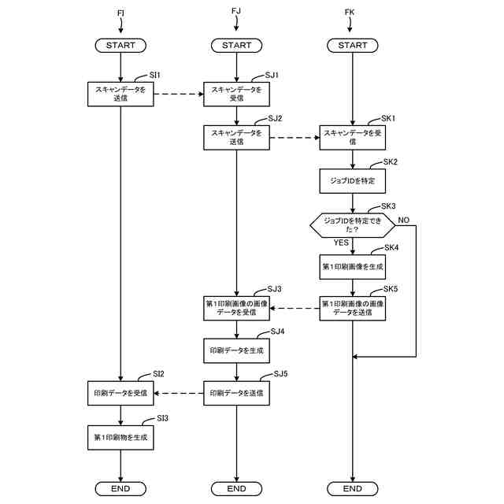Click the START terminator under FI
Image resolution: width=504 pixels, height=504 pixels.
120,46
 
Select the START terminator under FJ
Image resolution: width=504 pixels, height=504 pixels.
236,46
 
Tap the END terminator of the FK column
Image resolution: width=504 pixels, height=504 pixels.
352,489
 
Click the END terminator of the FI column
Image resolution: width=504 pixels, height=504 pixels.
120,489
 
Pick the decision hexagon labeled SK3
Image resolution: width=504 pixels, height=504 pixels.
352,226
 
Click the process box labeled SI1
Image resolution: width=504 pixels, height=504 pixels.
120,94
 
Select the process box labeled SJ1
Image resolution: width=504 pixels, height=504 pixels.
236,94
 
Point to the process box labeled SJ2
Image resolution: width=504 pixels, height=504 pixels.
236,138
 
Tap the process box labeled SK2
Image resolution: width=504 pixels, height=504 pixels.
352,181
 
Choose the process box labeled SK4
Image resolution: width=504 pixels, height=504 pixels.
352,267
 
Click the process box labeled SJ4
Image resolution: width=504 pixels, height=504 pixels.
236,349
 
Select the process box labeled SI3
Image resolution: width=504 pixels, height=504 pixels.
120,435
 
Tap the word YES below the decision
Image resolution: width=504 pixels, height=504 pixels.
341,243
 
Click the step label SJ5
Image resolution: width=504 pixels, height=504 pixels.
280,374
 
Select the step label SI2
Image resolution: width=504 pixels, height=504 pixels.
158,373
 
